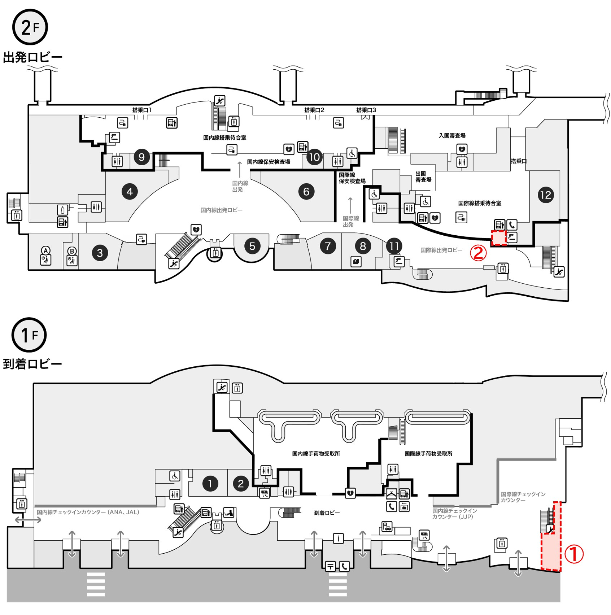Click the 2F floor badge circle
tap(30, 27)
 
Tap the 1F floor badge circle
tap(29, 335)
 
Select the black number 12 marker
tap(545, 195)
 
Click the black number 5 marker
tap(252, 246)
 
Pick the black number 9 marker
tap(141, 157)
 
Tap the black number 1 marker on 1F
tap(210, 483)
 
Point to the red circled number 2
tap(478, 253)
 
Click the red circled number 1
tap(574, 554)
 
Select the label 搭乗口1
tap(141, 110)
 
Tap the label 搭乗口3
tap(366, 110)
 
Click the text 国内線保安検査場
tap(269, 162)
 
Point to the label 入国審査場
tap(452, 136)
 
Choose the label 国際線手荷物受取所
tap(428, 454)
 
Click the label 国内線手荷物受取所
tap(316, 454)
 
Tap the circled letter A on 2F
tap(45, 250)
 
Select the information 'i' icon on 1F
tap(338, 539)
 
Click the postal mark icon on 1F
tap(330, 566)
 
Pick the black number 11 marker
tap(394, 246)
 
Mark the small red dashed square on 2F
tap(499, 238)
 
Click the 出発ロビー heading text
tap(33, 57)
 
